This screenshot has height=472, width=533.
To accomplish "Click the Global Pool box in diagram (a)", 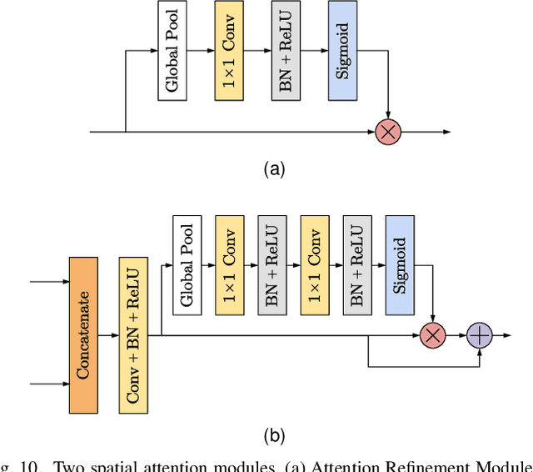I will [172, 51].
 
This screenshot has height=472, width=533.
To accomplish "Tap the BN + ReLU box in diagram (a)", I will [285, 51].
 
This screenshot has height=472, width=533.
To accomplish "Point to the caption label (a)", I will [274, 169].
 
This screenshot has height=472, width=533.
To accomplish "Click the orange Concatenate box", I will [82, 334].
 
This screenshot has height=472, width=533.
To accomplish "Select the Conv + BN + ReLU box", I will [133, 334].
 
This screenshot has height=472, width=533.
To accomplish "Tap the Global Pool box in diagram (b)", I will [187, 265].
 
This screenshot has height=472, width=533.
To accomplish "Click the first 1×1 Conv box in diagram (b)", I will [229, 265].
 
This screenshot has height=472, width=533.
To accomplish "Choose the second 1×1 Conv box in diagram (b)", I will [314, 265].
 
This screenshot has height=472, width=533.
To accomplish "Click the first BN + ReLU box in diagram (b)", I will [271, 265].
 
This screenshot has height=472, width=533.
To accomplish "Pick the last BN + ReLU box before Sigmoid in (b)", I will [356, 265].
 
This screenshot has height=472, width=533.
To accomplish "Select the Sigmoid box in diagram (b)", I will [399, 265].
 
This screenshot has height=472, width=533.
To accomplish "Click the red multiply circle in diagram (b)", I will [431, 335].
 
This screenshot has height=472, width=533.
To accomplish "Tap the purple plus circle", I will [481, 335].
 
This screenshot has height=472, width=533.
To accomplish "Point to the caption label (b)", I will [274, 434].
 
